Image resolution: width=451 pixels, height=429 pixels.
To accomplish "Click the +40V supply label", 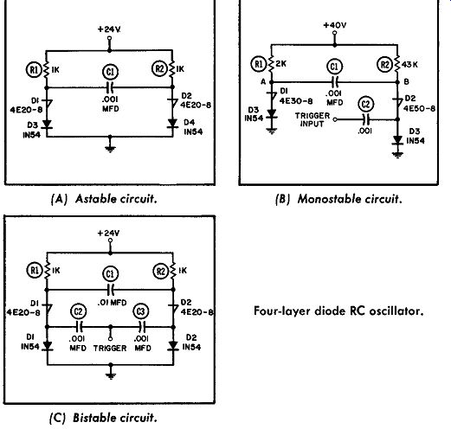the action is point(335,25).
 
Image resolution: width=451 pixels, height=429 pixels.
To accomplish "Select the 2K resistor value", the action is point(280,64).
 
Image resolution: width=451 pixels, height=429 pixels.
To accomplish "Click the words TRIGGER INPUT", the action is point(312,119).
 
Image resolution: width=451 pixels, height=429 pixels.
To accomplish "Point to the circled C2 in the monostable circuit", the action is point(366,104).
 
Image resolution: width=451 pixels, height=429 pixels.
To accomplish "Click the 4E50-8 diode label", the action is point(419,108).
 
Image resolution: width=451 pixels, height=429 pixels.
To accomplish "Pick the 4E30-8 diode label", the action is point(296,101).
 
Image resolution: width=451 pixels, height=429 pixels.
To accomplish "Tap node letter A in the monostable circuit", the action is point(263,82).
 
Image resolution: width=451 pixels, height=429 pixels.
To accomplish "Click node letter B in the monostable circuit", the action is point(406,82).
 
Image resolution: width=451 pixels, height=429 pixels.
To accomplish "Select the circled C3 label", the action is point(141,311).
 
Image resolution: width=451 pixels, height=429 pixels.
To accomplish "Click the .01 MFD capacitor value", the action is point(112,303).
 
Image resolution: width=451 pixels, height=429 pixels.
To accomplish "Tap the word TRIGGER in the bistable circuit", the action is point(110,349).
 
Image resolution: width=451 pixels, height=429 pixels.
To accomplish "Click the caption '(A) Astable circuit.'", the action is point(104,199).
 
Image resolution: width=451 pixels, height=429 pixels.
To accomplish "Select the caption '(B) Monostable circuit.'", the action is point(338,199).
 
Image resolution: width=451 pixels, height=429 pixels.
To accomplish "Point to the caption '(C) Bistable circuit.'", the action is point(103,418).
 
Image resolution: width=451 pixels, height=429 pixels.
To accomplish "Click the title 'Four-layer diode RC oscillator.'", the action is point(338,311).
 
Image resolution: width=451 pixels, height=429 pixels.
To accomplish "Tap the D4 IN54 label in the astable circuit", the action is point(193,127).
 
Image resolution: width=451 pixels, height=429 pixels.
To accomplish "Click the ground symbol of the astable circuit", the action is point(110,149).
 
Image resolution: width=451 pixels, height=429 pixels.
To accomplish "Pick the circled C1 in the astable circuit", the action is point(111,72).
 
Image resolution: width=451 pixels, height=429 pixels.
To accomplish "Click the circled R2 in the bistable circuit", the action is point(161,272).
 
